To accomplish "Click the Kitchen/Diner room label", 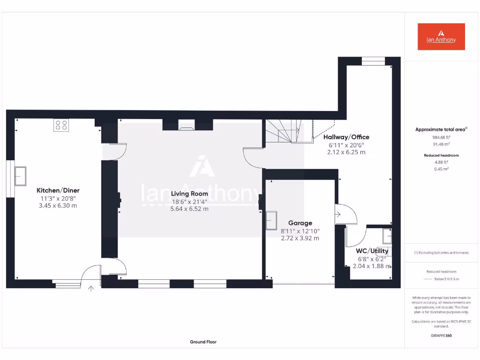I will (x=58, y=190).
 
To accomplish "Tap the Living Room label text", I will (x=189, y=194).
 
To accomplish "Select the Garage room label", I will (x=300, y=223).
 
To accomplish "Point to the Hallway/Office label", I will (x=346, y=137).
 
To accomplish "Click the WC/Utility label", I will (x=372, y=251).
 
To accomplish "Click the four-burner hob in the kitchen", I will (x=61, y=125).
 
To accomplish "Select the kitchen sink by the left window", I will (x=20, y=176).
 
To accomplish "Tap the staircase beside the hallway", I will (x=283, y=131).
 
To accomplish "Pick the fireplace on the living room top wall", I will (x=186, y=125).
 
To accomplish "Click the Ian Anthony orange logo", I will (x=441, y=37).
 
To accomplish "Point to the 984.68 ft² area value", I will (x=441, y=137).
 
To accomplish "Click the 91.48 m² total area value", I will (x=441, y=144).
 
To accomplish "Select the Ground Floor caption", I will (x=203, y=342).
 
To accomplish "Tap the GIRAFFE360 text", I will (x=441, y=336).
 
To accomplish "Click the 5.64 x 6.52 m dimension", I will (x=189, y=209).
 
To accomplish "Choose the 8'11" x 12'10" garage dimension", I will (x=300, y=231).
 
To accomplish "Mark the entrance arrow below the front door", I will (x=91, y=289).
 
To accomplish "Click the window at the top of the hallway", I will (x=373, y=61).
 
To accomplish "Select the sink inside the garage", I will (x=271, y=220).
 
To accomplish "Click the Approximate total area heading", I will (x=441, y=129).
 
